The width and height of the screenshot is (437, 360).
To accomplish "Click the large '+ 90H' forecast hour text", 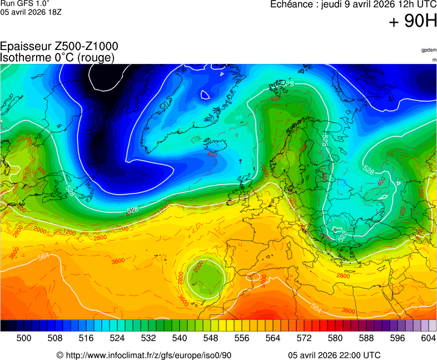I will [413, 22].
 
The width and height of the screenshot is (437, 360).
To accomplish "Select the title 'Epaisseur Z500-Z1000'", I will [59, 47].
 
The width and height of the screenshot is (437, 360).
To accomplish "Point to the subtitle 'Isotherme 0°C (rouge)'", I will [57, 57].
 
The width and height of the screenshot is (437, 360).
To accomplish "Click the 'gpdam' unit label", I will [429, 50].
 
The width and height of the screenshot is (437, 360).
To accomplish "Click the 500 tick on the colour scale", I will [23, 337].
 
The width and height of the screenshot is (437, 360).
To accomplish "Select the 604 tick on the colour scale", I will [428, 337].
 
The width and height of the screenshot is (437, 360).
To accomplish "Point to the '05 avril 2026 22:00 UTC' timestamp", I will [335, 355].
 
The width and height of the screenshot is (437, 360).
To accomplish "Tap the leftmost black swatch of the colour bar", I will [4, 326].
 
